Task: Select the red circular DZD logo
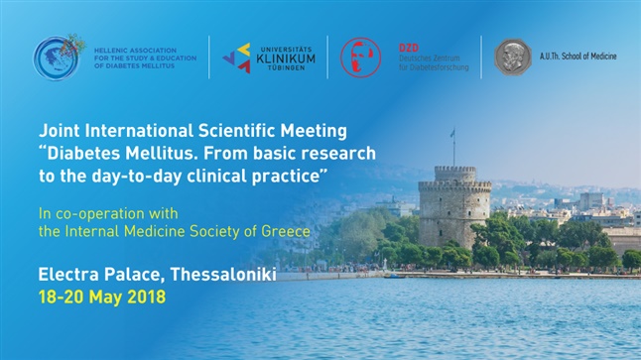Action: tap(360, 57)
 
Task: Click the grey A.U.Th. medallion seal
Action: tap(513, 57)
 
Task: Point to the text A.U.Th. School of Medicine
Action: tap(577, 57)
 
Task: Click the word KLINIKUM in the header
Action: tap(286, 57)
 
